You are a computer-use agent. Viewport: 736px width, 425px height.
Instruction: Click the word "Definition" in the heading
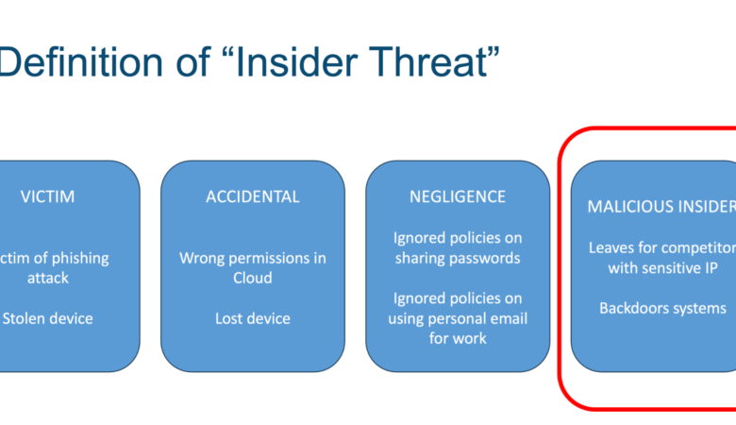click(80, 63)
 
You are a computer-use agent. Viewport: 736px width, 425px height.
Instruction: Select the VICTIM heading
click(47, 197)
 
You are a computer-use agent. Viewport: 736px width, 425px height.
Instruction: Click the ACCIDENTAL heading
click(252, 197)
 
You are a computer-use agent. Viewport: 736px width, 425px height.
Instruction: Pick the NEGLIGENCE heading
click(457, 197)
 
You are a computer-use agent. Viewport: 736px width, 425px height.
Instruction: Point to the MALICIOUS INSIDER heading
click(661, 206)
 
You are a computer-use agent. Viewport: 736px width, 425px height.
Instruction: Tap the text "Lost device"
click(252, 318)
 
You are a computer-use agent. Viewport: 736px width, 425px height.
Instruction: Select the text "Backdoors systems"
click(661, 308)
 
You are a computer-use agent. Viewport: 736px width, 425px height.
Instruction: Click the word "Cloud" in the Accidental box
click(252, 278)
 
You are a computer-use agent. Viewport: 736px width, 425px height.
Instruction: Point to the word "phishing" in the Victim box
click(79, 258)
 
